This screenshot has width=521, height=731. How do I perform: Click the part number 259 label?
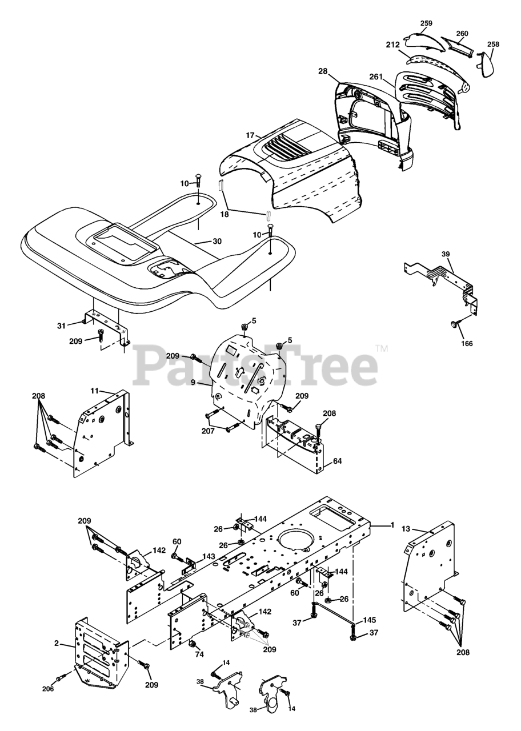pos(426,23)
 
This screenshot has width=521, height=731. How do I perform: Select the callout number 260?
pos(462,33)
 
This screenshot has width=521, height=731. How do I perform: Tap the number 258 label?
pos(493,44)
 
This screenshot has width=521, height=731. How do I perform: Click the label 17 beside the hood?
pos(250,135)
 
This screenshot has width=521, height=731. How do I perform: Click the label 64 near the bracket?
pos(338,461)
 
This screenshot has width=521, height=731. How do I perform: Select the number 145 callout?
pos(370,620)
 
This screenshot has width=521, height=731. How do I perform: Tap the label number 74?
pos(199,656)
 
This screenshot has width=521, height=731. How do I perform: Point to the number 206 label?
pos(47,688)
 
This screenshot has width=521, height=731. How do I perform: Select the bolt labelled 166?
pos(454,324)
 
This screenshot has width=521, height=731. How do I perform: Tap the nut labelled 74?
pos(193,645)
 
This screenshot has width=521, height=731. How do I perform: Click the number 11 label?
pos(94,391)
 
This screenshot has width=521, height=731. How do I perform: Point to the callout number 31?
pos(61,326)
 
